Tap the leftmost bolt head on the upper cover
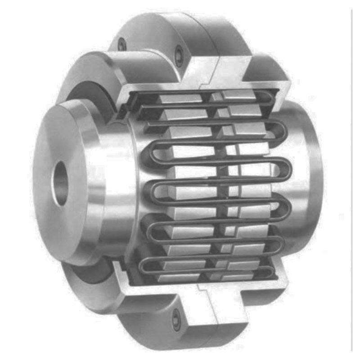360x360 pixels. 122,44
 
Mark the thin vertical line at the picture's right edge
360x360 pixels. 351,180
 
